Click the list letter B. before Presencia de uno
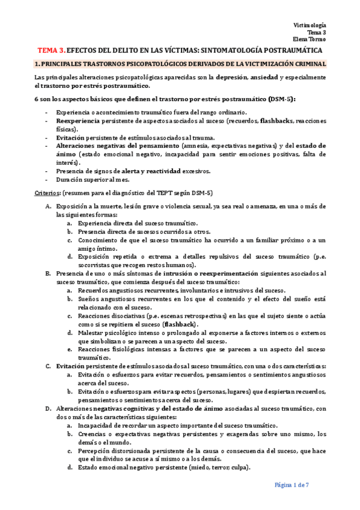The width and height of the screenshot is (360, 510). tap(48, 273)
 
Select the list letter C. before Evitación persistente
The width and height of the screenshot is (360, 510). tap(48, 366)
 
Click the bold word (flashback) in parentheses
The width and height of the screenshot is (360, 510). tap(188, 323)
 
